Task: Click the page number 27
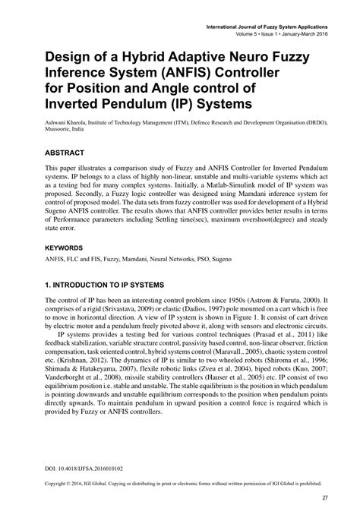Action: click(324, 498)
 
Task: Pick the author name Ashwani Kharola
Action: click(71, 121)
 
